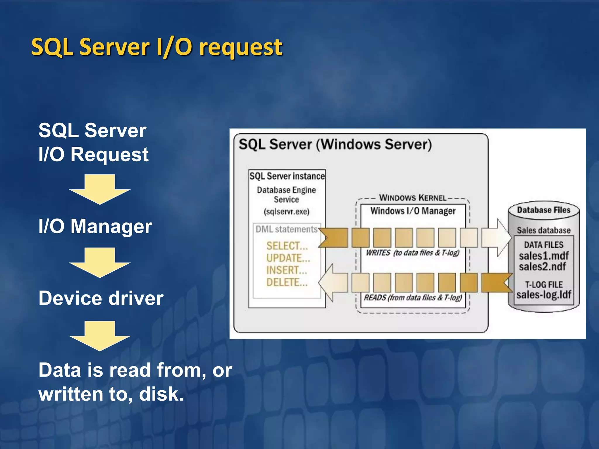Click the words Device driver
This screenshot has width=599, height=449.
point(101,298)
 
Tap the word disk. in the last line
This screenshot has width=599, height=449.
point(161,394)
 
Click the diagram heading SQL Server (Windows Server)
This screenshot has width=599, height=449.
point(335,144)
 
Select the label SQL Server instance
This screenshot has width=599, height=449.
point(287,176)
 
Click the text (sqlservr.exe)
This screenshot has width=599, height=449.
point(286,211)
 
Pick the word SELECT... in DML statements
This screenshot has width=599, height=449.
point(287,246)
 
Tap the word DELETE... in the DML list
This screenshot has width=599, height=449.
point(287,282)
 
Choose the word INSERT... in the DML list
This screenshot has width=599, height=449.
point(287,270)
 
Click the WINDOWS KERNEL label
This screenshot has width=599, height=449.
point(413,198)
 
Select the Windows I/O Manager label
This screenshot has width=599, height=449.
point(413,211)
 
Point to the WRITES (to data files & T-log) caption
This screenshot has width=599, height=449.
point(412,253)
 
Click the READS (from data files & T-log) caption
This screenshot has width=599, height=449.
point(413,298)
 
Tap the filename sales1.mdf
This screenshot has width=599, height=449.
point(543,256)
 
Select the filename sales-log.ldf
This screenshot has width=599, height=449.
point(543,295)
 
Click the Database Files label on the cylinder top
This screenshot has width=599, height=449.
point(543,210)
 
